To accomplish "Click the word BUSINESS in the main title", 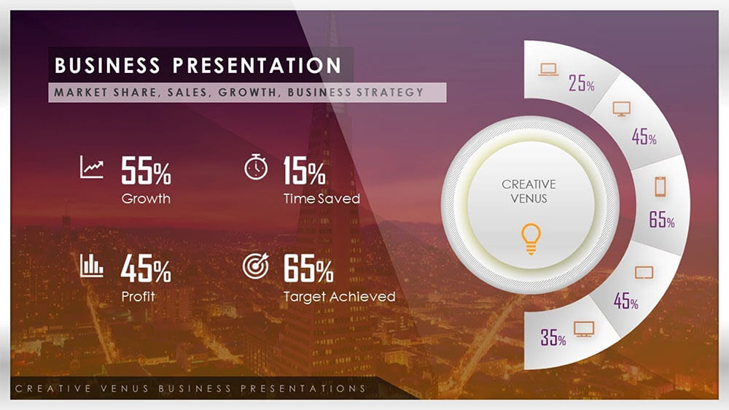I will [x=107, y=66].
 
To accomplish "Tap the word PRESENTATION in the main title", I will [x=257, y=66].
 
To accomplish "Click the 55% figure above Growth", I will [x=146, y=172].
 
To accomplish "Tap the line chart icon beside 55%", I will [x=92, y=167].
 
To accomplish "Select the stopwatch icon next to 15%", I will [x=255, y=167].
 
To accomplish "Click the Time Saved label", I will [x=321, y=198].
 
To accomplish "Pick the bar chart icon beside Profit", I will [x=92, y=265].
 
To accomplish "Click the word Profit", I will [x=139, y=297].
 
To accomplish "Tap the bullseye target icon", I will [x=255, y=266].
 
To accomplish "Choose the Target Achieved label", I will [x=339, y=297].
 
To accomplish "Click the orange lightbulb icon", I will [x=530, y=240].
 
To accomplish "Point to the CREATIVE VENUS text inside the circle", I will [x=529, y=191].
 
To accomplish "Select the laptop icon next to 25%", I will [x=547, y=70].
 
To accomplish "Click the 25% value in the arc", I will [x=582, y=83].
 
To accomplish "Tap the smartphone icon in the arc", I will [x=660, y=187].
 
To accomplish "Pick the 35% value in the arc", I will [x=553, y=338].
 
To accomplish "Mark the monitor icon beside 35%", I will [x=583, y=328].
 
